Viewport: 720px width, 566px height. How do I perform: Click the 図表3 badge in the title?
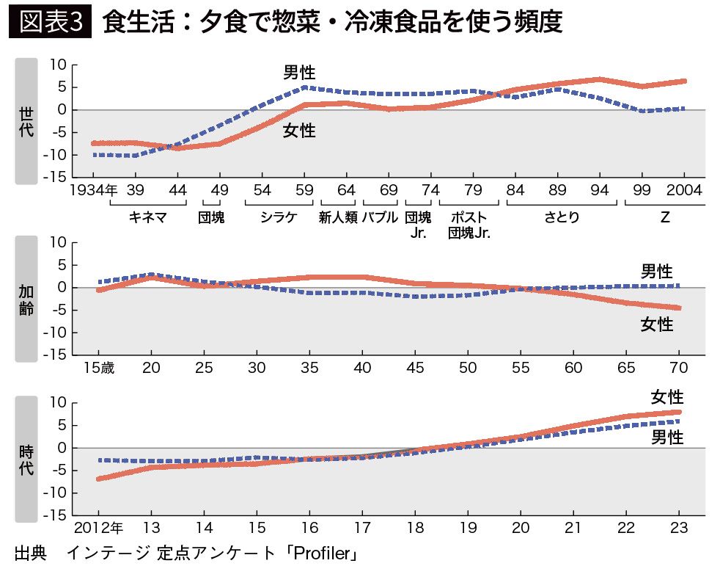coord(50,22)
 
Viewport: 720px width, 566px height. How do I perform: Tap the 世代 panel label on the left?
coord(26,121)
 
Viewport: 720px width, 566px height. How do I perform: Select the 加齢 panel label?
coord(26,300)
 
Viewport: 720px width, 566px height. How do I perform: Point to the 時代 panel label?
coord(26,460)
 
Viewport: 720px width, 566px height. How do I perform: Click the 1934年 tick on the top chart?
coord(94,190)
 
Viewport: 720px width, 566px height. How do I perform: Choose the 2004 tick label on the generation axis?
coord(684,190)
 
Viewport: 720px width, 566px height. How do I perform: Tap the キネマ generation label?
coord(147,217)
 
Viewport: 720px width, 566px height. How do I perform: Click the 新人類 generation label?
coord(338,217)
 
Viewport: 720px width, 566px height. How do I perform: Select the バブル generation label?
coord(380,217)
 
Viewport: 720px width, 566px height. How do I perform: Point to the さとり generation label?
coord(561,217)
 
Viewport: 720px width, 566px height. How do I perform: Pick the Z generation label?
coord(664,217)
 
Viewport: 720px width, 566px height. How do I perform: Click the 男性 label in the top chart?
coord(299,72)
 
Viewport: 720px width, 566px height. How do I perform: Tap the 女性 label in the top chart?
coord(299,131)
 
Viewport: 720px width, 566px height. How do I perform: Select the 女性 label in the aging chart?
coord(657,324)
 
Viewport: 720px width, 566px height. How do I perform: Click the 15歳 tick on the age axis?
coord(99,367)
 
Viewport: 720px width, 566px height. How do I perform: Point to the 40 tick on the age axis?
coord(362,367)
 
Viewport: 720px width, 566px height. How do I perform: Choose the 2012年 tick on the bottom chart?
coord(98,527)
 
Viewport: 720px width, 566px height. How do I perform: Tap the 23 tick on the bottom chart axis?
coord(679,527)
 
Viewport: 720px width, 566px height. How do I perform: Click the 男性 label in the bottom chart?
coord(667,438)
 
